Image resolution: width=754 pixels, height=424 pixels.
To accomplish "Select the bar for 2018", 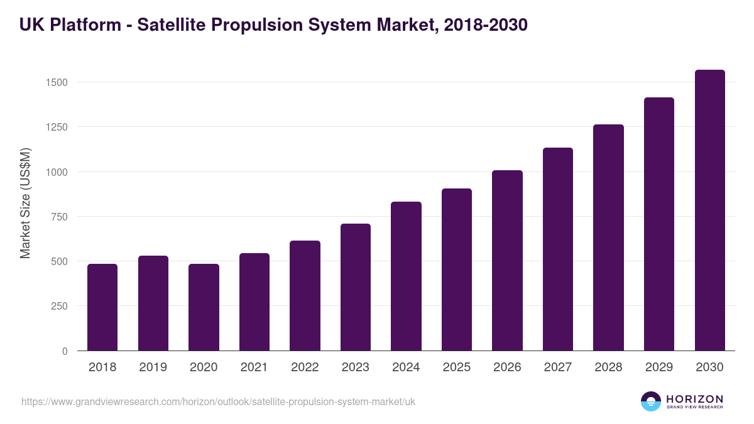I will (102, 307).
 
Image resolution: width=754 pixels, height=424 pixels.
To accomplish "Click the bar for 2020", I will (204, 307).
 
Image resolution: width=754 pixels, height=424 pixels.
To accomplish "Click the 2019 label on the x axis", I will (153, 367).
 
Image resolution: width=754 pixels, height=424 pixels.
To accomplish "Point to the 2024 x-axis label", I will (406, 367).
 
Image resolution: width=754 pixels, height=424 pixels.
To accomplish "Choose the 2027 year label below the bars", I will (558, 367).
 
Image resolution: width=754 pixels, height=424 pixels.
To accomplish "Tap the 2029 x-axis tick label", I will (659, 367).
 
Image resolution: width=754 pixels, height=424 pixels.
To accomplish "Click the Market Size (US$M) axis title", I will (25, 203).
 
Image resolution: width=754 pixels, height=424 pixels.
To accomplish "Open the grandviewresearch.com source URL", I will (218, 401).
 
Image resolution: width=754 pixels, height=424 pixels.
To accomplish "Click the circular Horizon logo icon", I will (651, 401).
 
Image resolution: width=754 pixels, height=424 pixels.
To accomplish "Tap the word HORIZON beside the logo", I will (694, 398).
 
